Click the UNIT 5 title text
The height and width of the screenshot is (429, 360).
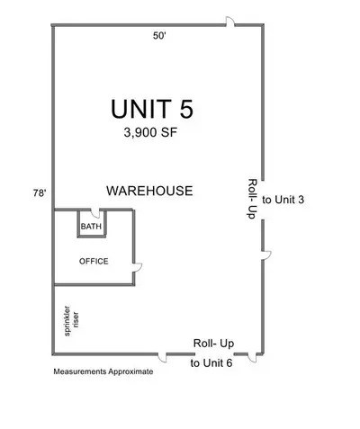pos(152,109)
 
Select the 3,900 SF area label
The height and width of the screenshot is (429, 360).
pos(151,132)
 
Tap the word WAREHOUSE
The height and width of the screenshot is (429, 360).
pos(149,191)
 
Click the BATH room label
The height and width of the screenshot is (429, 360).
pos(91,227)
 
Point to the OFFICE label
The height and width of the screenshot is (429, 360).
pos(94,262)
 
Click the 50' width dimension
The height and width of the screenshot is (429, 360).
pos(159,36)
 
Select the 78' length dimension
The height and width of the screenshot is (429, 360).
pos(40,193)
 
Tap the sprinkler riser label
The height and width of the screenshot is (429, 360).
pos(71,321)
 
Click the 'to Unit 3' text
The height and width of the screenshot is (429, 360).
pos(283,200)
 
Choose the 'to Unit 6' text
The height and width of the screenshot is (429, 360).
pos(211,363)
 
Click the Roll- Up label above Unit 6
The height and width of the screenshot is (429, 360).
pos(213,344)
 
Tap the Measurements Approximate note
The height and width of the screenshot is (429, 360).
pos(103,371)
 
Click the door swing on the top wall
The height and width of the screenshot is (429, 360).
pos(230,21)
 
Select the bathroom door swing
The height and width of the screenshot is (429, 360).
pos(95,213)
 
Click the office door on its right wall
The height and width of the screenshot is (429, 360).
pos(138,268)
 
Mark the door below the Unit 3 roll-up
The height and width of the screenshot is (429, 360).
pos(266,255)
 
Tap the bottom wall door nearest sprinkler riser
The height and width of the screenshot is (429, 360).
pos(162,358)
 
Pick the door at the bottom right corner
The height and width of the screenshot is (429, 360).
pos(252,358)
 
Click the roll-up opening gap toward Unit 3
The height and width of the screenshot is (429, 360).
pos(263,200)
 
